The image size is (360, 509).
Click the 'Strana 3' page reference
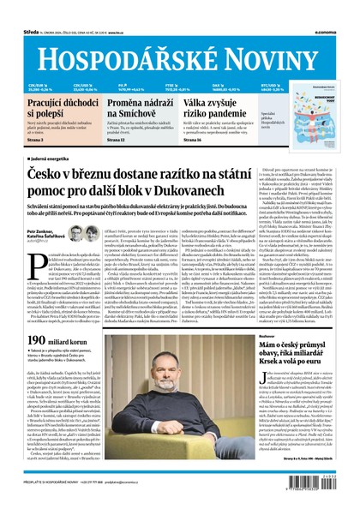coord(37,140)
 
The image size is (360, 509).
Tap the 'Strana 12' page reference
coord(119,140)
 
